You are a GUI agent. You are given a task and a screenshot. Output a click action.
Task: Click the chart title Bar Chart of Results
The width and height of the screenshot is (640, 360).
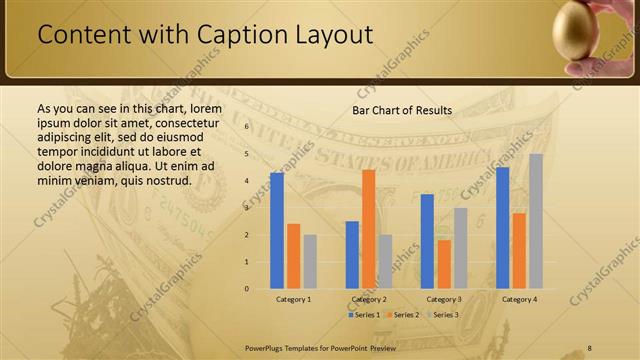click(x=401, y=110)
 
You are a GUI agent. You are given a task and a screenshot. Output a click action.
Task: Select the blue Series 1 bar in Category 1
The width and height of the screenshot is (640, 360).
click(x=277, y=230)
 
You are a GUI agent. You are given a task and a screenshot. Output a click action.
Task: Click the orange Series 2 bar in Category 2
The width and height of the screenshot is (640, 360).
click(x=368, y=228)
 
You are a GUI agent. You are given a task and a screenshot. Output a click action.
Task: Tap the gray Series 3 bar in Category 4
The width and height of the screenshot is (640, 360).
click(x=536, y=221)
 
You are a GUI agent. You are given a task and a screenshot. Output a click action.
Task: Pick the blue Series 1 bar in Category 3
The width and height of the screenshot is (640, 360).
click(x=427, y=241)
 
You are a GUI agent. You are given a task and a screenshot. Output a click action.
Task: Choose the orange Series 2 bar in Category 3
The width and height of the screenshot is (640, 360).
click(x=444, y=264)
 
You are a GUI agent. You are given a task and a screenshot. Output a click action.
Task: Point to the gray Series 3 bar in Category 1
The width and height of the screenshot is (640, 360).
click(x=310, y=261)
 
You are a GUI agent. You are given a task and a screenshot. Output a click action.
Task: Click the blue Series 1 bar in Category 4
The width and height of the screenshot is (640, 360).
click(x=502, y=227)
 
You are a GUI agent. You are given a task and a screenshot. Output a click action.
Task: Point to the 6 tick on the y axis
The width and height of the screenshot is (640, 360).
click(x=246, y=127)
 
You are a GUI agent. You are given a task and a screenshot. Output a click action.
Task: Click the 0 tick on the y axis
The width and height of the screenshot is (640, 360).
click(x=246, y=288)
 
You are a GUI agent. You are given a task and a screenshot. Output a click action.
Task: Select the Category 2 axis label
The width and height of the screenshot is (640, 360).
click(x=369, y=299)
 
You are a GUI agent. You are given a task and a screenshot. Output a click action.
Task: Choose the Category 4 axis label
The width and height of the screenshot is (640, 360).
click(x=519, y=299)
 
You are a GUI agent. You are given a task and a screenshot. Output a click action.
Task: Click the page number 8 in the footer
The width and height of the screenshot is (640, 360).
click(x=590, y=347)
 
